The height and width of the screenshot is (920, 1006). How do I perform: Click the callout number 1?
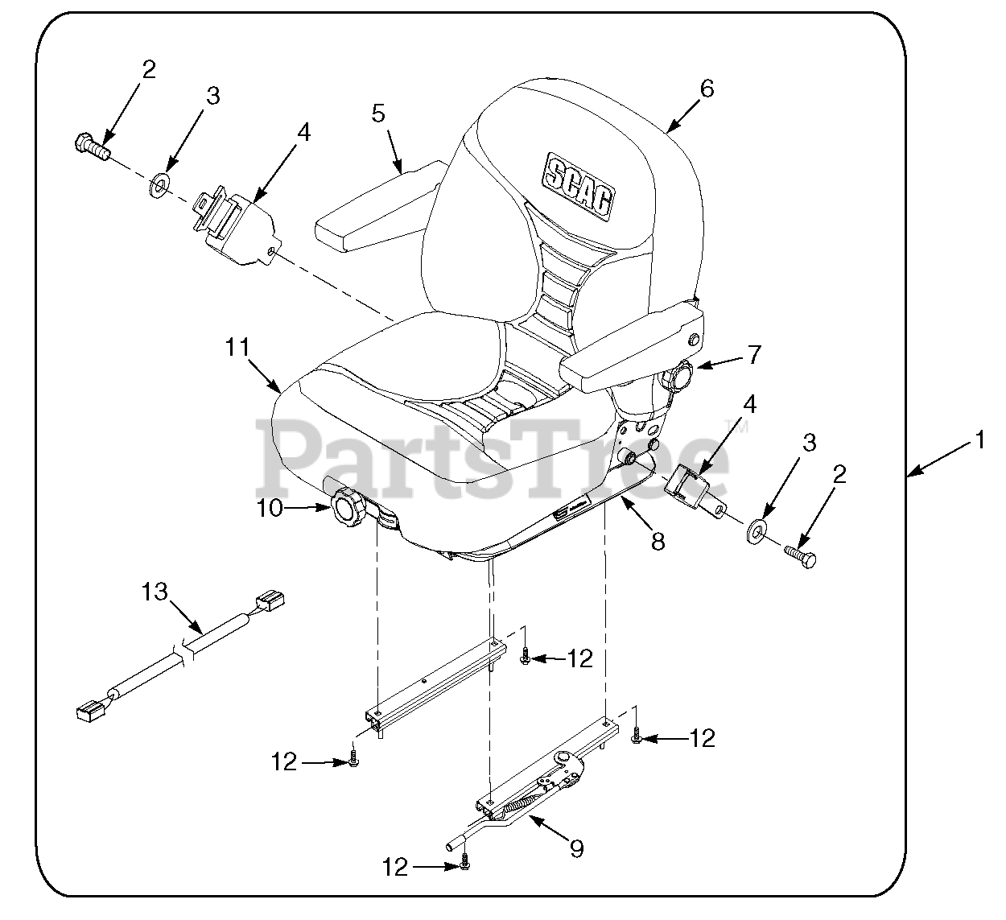tap(980, 439)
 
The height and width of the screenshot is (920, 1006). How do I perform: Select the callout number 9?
tap(576, 849)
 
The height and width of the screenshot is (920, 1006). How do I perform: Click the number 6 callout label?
tap(706, 89)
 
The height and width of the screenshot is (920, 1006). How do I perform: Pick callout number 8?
tap(658, 543)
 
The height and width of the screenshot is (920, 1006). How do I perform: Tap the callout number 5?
tap(378, 113)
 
